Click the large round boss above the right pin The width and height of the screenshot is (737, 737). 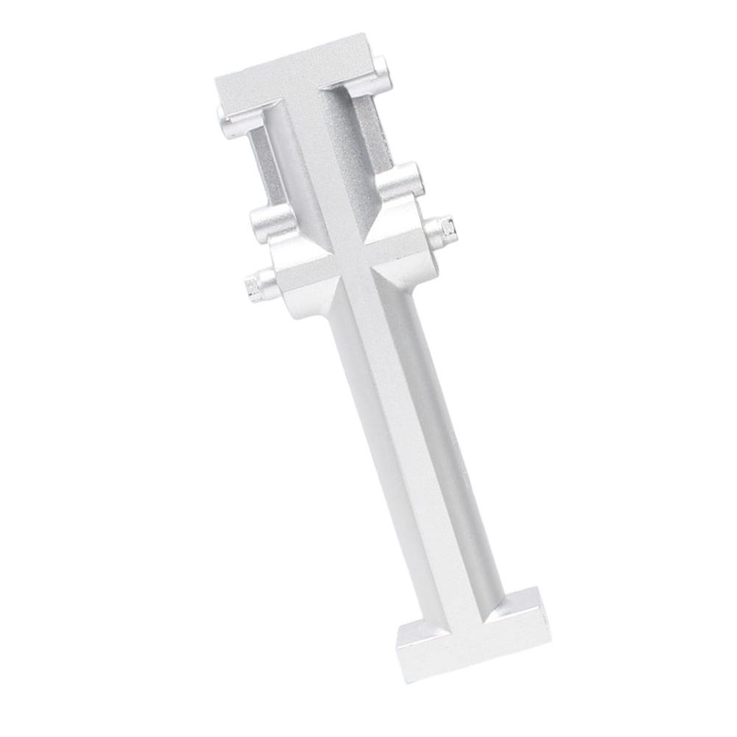(401, 180)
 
